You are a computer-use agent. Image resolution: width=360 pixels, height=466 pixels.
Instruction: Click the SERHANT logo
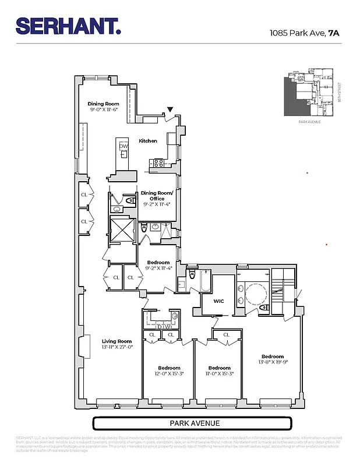(68, 26)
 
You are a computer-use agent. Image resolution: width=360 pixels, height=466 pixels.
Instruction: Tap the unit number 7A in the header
(334, 33)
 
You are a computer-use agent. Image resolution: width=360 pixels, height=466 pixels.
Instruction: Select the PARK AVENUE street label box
(192, 423)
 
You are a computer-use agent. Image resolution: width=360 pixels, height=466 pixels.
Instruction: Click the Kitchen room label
(148, 141)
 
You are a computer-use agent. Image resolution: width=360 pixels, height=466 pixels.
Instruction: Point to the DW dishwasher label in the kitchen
(123, 146)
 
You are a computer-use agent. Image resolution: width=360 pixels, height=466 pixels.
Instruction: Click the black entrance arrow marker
(170, 110)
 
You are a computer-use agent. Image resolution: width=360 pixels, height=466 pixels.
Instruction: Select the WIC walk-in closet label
(218, 301)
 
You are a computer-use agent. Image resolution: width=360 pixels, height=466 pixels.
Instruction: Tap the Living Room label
(117, 341)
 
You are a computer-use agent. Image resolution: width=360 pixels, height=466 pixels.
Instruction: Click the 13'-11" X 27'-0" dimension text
(117, 348)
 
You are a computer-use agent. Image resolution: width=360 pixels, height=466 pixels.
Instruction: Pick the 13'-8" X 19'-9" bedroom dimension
(273, 363)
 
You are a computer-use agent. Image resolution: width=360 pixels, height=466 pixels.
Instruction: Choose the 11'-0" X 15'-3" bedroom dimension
(219, 374)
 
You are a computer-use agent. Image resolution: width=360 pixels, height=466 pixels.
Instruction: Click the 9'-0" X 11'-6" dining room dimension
(104, 110)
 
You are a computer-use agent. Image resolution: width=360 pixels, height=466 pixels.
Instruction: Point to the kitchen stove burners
(157, 164)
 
